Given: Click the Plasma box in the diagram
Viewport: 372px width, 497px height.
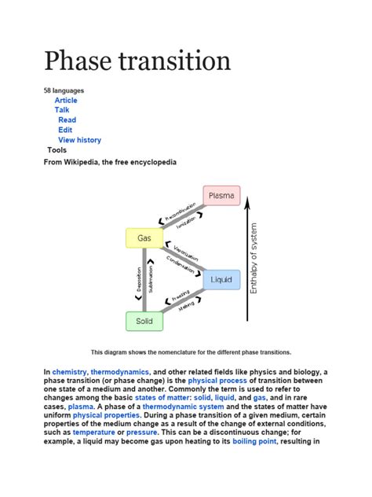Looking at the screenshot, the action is [221, 196].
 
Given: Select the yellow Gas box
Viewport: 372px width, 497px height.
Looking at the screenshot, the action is [144, 237].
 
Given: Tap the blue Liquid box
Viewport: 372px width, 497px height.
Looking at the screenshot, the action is [221, 280].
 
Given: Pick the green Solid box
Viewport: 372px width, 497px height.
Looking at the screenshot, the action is [144, 322].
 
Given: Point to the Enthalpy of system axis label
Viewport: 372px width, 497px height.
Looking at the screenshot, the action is [253, 259].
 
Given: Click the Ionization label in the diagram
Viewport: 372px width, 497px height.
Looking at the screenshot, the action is [185, 223].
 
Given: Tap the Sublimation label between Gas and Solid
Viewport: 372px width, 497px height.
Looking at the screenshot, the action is [151, 279].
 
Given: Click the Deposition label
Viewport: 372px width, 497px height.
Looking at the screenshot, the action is [139, 279].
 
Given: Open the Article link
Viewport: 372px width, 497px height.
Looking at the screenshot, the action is [66, 101].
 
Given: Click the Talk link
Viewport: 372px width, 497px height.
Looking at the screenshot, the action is [62, 110].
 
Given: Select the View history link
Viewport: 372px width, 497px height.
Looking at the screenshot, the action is [79, 140].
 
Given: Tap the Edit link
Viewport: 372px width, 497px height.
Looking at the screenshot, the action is [65, 130].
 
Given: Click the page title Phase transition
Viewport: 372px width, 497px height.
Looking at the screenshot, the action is [137, 61].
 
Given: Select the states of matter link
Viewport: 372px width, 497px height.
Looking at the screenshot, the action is [165, 398].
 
